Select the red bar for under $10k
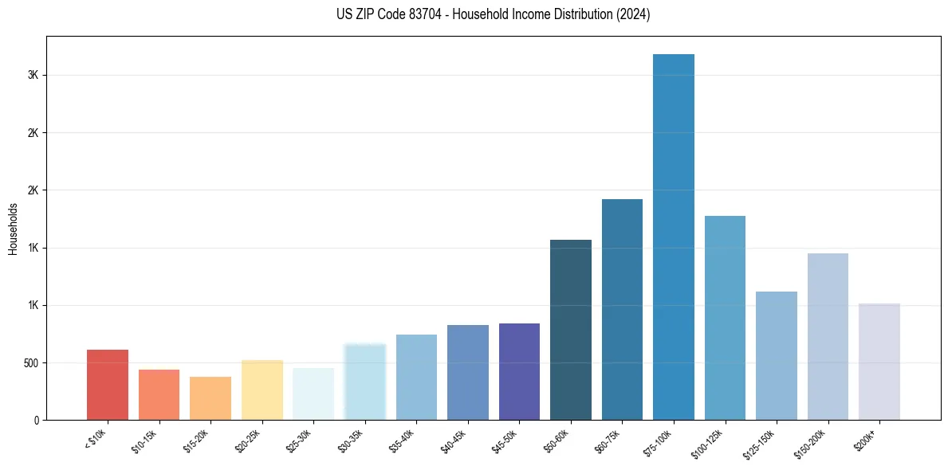108,385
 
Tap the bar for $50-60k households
571,330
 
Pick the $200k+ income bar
879,362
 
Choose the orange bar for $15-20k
210,398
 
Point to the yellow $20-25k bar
262,390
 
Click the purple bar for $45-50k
519,371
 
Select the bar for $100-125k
725,318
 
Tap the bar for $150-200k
828,336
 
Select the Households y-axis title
14,229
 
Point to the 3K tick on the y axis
34,75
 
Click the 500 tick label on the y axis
30,362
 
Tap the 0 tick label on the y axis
37,420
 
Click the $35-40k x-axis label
403,440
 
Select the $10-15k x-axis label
145,440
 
